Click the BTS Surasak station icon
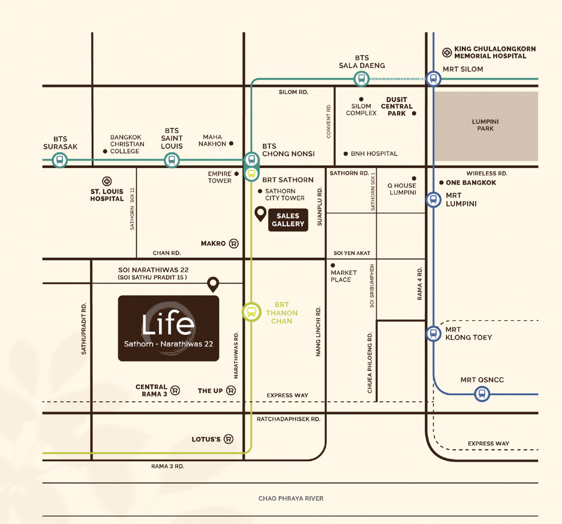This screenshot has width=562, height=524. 59,160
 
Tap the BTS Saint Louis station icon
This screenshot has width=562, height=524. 172,160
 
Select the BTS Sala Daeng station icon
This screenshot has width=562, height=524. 361,79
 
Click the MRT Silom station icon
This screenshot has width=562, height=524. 434,79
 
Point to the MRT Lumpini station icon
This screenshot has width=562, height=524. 434,200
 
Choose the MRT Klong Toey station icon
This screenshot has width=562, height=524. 434,333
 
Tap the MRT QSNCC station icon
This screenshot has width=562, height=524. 482,394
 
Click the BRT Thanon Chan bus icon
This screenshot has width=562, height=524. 251,312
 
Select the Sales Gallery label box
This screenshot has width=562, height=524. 288,220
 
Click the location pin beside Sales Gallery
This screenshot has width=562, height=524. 260,214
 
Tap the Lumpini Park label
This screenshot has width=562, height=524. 485,125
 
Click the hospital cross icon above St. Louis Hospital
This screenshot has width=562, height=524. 107,181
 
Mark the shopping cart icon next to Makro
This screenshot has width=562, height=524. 234,244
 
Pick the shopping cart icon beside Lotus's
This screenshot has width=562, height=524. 229,439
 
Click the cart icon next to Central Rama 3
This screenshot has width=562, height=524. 175,390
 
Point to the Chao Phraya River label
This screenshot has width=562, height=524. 291,498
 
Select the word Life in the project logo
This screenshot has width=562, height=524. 168,324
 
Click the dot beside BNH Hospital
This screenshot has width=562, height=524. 346,154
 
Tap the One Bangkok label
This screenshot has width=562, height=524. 471,183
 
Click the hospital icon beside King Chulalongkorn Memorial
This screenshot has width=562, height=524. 447,52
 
